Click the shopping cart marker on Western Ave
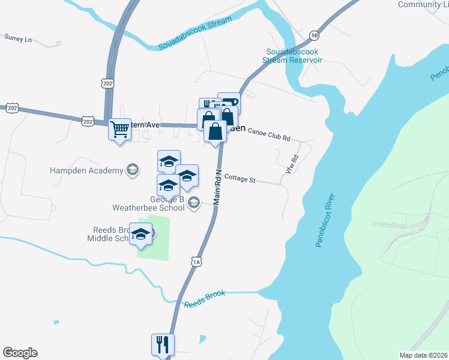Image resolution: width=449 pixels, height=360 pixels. click(120, 128)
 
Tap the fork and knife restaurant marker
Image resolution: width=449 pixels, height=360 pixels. click(163, 344)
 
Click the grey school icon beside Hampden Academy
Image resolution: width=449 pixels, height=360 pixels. click(131, 170)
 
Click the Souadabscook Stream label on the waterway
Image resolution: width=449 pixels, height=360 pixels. click(195, 37)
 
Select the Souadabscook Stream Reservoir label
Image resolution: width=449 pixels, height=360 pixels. click(293, 56)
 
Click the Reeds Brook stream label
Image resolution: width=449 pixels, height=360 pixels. click(205, 298)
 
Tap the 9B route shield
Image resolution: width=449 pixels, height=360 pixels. click(314, 35)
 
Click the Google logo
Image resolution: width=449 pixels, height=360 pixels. click(20, 353)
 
